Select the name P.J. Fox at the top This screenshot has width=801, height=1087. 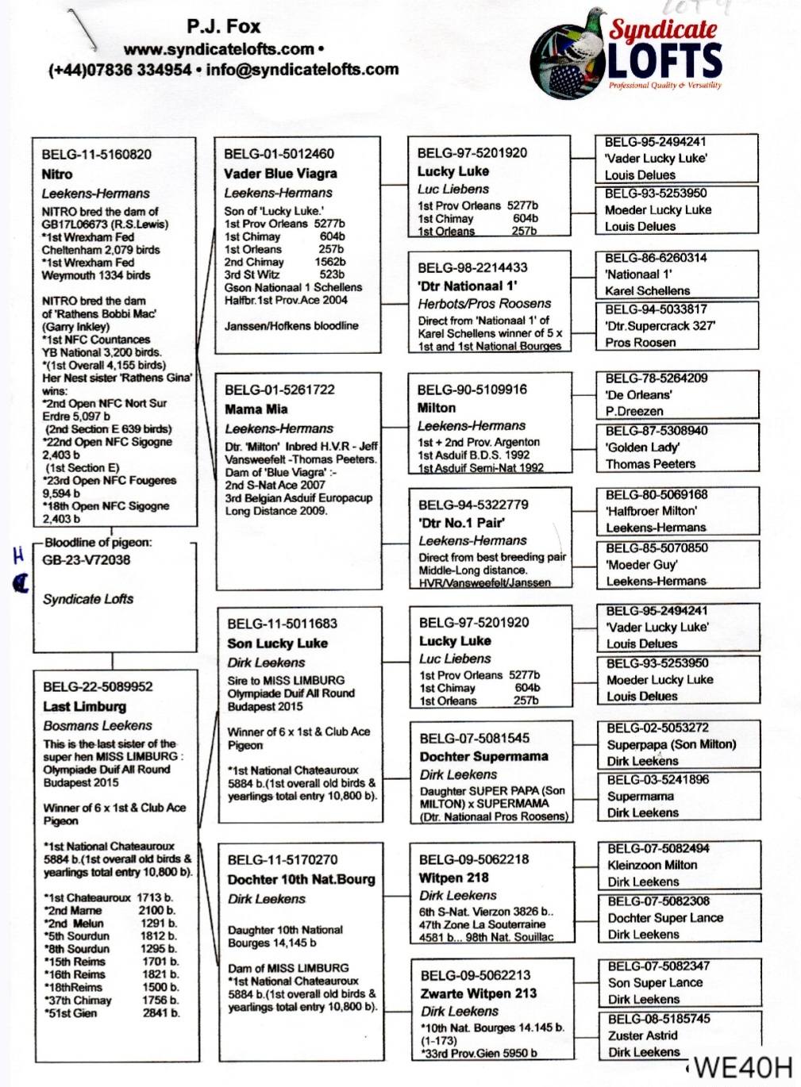tap(224, 27)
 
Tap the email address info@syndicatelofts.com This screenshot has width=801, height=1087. tap(302, 69)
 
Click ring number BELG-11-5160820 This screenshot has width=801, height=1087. tap(97, 155)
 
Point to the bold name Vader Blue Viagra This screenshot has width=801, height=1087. tap(280, 173)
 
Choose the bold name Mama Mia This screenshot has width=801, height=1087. tap(256, 409)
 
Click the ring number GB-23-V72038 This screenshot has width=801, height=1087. tap(87, 559)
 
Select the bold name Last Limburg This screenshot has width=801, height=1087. tap(85, 706)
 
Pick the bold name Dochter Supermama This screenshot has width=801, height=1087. tap(484, 756)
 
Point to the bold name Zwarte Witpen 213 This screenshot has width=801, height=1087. tap(479, 993)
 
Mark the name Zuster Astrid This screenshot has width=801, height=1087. tap(643, 1035)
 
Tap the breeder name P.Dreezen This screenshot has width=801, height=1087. tap(634, 411)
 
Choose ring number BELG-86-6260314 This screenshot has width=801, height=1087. tap(656, 258)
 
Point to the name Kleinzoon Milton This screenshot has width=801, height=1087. tap(653, 865)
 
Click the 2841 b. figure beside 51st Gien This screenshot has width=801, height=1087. tap(161, 1013)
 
